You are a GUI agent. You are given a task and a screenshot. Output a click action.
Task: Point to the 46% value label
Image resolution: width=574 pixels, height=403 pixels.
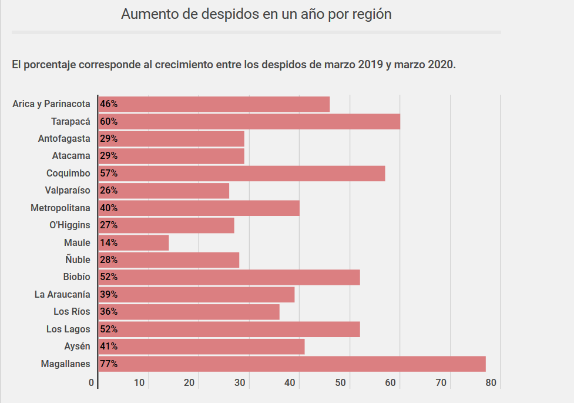109,104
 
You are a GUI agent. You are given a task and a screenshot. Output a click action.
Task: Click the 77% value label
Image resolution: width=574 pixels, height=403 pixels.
109,364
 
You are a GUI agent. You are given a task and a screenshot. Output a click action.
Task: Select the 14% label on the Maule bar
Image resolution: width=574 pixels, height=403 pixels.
109,242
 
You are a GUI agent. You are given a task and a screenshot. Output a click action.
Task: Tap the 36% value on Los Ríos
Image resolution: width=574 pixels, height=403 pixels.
109,312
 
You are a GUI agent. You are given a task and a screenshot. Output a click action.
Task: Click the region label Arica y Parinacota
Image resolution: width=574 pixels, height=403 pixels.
51,104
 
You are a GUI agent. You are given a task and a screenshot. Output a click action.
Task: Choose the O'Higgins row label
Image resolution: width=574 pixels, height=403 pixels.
70,225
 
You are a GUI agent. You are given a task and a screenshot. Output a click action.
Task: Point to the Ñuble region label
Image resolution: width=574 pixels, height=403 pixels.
78,260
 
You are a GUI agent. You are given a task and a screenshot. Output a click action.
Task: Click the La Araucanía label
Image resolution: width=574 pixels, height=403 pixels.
62,294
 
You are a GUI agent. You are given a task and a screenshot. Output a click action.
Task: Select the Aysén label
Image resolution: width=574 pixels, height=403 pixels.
77,347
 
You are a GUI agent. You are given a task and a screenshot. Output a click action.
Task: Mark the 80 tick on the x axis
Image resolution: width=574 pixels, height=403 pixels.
491,383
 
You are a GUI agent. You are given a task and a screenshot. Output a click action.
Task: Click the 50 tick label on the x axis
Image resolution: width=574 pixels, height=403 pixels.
340,383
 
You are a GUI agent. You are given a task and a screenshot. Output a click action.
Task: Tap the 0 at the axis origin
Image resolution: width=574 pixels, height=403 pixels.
92,383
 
